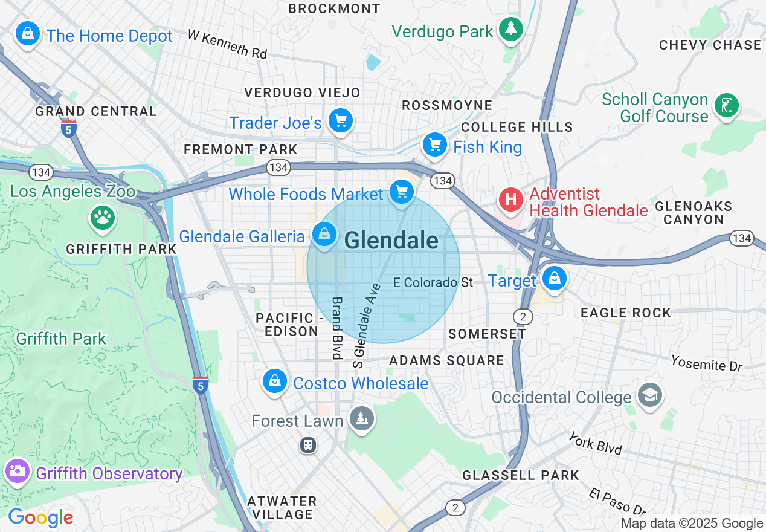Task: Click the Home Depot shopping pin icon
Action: point(28,33)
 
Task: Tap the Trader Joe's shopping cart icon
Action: point(341,121)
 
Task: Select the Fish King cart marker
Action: point(434,145)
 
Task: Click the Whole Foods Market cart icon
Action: point(402,193)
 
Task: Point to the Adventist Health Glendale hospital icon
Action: point(510,199)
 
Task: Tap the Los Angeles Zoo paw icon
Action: point(102,217)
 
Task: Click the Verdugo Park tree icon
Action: point(511,29)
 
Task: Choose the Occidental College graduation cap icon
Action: point(650,395)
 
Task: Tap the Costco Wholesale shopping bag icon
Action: point(275,381)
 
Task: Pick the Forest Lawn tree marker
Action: point(362,418)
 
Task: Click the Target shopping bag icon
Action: point(553,279)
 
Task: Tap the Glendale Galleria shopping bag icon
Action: point(324,234)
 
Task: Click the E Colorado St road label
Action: point(433,282)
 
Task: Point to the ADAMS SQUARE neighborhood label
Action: point(446,360)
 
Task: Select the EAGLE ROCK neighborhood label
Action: point(625,313)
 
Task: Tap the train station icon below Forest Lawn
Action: point(308,446)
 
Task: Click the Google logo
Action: point(40,517)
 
